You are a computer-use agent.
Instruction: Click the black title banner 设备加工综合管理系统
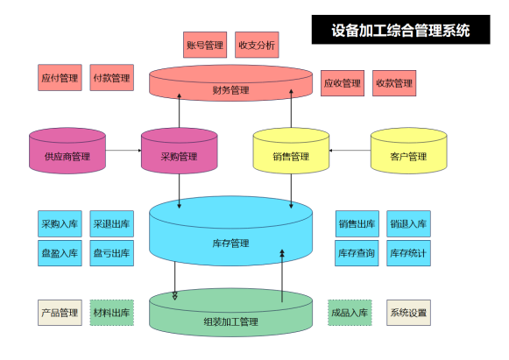click(400, 30)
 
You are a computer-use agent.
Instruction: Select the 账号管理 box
click(205, 45)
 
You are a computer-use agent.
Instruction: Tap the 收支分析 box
click(257, 45)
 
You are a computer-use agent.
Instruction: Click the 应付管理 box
click(60, 78)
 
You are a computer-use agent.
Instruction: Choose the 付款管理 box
click(111, 78)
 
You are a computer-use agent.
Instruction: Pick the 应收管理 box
click(343, 83)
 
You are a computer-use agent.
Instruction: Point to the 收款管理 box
click(394, 83)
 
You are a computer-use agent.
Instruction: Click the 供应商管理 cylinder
click(67, 151)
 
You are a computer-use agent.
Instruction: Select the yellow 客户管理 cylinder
click(409, 151)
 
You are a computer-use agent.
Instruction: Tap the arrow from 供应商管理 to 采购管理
click(124, 151)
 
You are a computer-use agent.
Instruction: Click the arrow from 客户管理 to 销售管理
click(350, 151)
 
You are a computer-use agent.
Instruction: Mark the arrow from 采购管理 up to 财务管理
click(180, 110)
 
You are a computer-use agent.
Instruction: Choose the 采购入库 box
click(60, 223)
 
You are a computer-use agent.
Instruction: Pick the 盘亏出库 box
click(111, 253)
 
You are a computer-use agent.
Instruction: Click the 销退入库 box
click(408, 223)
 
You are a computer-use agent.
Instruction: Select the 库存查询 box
click(357, 253)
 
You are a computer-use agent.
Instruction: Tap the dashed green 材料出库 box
click(111, 313)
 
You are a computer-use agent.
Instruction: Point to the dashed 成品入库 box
click(350, 313)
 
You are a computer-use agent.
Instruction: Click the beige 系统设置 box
click(408, 313)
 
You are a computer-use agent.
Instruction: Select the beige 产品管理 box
click(60, 313)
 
